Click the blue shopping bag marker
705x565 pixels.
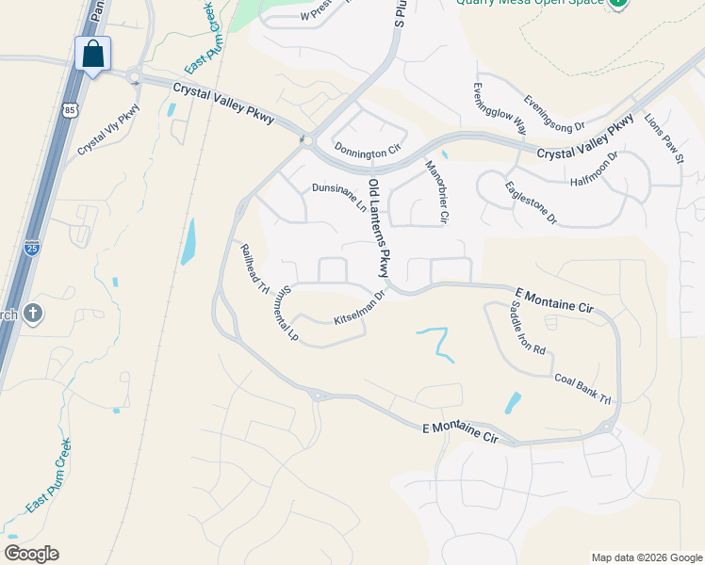(92, 54)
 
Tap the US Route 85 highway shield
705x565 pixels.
(70, 111)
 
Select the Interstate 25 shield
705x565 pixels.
(32, 249)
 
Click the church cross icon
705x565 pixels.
(33, 314)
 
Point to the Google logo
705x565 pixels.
(31, 554)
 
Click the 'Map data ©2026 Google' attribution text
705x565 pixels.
(646, 557)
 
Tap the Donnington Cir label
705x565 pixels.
(368, 149)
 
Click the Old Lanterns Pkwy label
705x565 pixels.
(379, 229)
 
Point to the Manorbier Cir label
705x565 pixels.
(435, 193)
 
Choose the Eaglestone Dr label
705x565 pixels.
(532, 202)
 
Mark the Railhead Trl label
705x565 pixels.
(255, 268)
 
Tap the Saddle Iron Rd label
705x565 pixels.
(528, 329)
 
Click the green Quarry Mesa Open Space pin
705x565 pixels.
(617, 3)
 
